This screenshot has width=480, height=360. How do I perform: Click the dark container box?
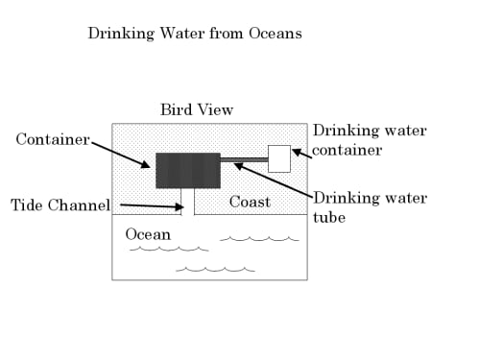(188, 171)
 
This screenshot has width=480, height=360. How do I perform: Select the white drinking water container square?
(279, 158)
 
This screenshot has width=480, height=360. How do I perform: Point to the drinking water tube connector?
(244, 159)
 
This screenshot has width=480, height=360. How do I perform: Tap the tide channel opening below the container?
(188, 202)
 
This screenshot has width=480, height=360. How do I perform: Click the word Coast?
(250, 202)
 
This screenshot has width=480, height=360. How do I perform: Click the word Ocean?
(148, 234)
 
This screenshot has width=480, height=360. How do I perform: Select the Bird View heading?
(197, 109)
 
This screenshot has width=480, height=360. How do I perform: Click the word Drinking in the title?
(121, 34)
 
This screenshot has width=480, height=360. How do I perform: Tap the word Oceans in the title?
(276, 34)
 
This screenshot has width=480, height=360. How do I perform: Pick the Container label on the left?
(53, 139)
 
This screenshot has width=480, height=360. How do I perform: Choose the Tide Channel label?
(60, 205)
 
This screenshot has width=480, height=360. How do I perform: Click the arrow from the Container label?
(121, 155)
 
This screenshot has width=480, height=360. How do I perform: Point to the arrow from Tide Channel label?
(152, 205)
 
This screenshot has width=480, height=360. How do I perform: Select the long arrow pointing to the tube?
(274, 180)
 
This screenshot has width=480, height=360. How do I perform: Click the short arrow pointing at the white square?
(301, 154)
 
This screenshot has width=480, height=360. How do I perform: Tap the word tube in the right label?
(329, 217)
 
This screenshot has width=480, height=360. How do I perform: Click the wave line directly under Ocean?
(169, 249)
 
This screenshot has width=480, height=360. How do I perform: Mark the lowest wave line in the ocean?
(215, 270)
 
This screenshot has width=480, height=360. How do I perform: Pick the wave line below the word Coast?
(259, 239)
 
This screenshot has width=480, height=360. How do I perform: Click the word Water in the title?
(181, 34)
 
